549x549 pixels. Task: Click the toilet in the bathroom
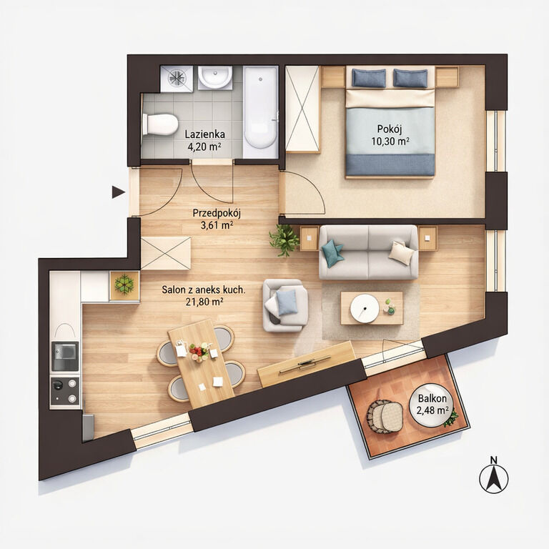point(159,124)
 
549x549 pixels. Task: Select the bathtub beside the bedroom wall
point(260,108)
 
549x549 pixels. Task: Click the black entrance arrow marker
point(118,192)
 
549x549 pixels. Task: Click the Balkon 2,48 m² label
point(432,404)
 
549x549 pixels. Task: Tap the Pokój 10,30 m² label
point(390,135)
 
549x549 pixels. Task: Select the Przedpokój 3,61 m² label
point(217,219)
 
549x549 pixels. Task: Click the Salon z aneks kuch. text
point(204,290)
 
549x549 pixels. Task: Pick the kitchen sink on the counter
point(65,356)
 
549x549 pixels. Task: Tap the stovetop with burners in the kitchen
point(65,391)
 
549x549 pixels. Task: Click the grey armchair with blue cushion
point(285,305)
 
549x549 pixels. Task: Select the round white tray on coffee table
point(365,308)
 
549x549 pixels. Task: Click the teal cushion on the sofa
point(332,252)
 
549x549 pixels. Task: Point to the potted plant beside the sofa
point(285,240)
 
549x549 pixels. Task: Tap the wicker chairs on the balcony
point(385,416)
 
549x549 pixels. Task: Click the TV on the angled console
point(305,365)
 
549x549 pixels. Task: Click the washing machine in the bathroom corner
point(177,79)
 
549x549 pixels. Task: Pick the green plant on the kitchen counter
point(124,285)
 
